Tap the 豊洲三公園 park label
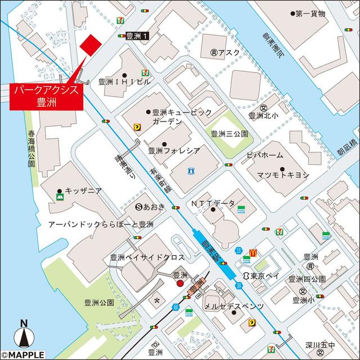point(229,134)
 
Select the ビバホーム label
point(264,155)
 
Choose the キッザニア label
point(82,191)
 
